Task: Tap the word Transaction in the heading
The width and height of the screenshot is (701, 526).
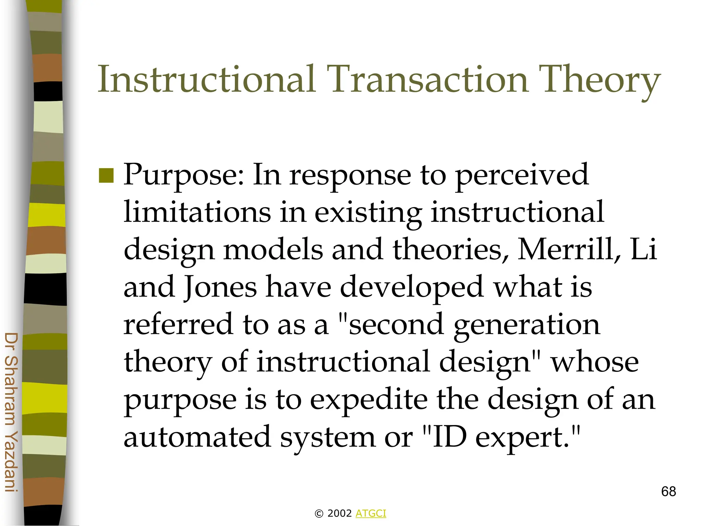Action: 428,79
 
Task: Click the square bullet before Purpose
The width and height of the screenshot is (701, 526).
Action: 106,176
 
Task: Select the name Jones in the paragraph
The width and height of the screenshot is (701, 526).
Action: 220,287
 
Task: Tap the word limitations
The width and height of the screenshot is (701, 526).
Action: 197,212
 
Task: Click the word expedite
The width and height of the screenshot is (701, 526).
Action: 369,400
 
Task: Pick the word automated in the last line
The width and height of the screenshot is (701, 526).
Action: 197,437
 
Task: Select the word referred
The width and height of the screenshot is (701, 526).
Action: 178,324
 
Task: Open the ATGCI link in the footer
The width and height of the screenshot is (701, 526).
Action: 371,513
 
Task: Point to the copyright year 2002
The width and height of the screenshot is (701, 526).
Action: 340,513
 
